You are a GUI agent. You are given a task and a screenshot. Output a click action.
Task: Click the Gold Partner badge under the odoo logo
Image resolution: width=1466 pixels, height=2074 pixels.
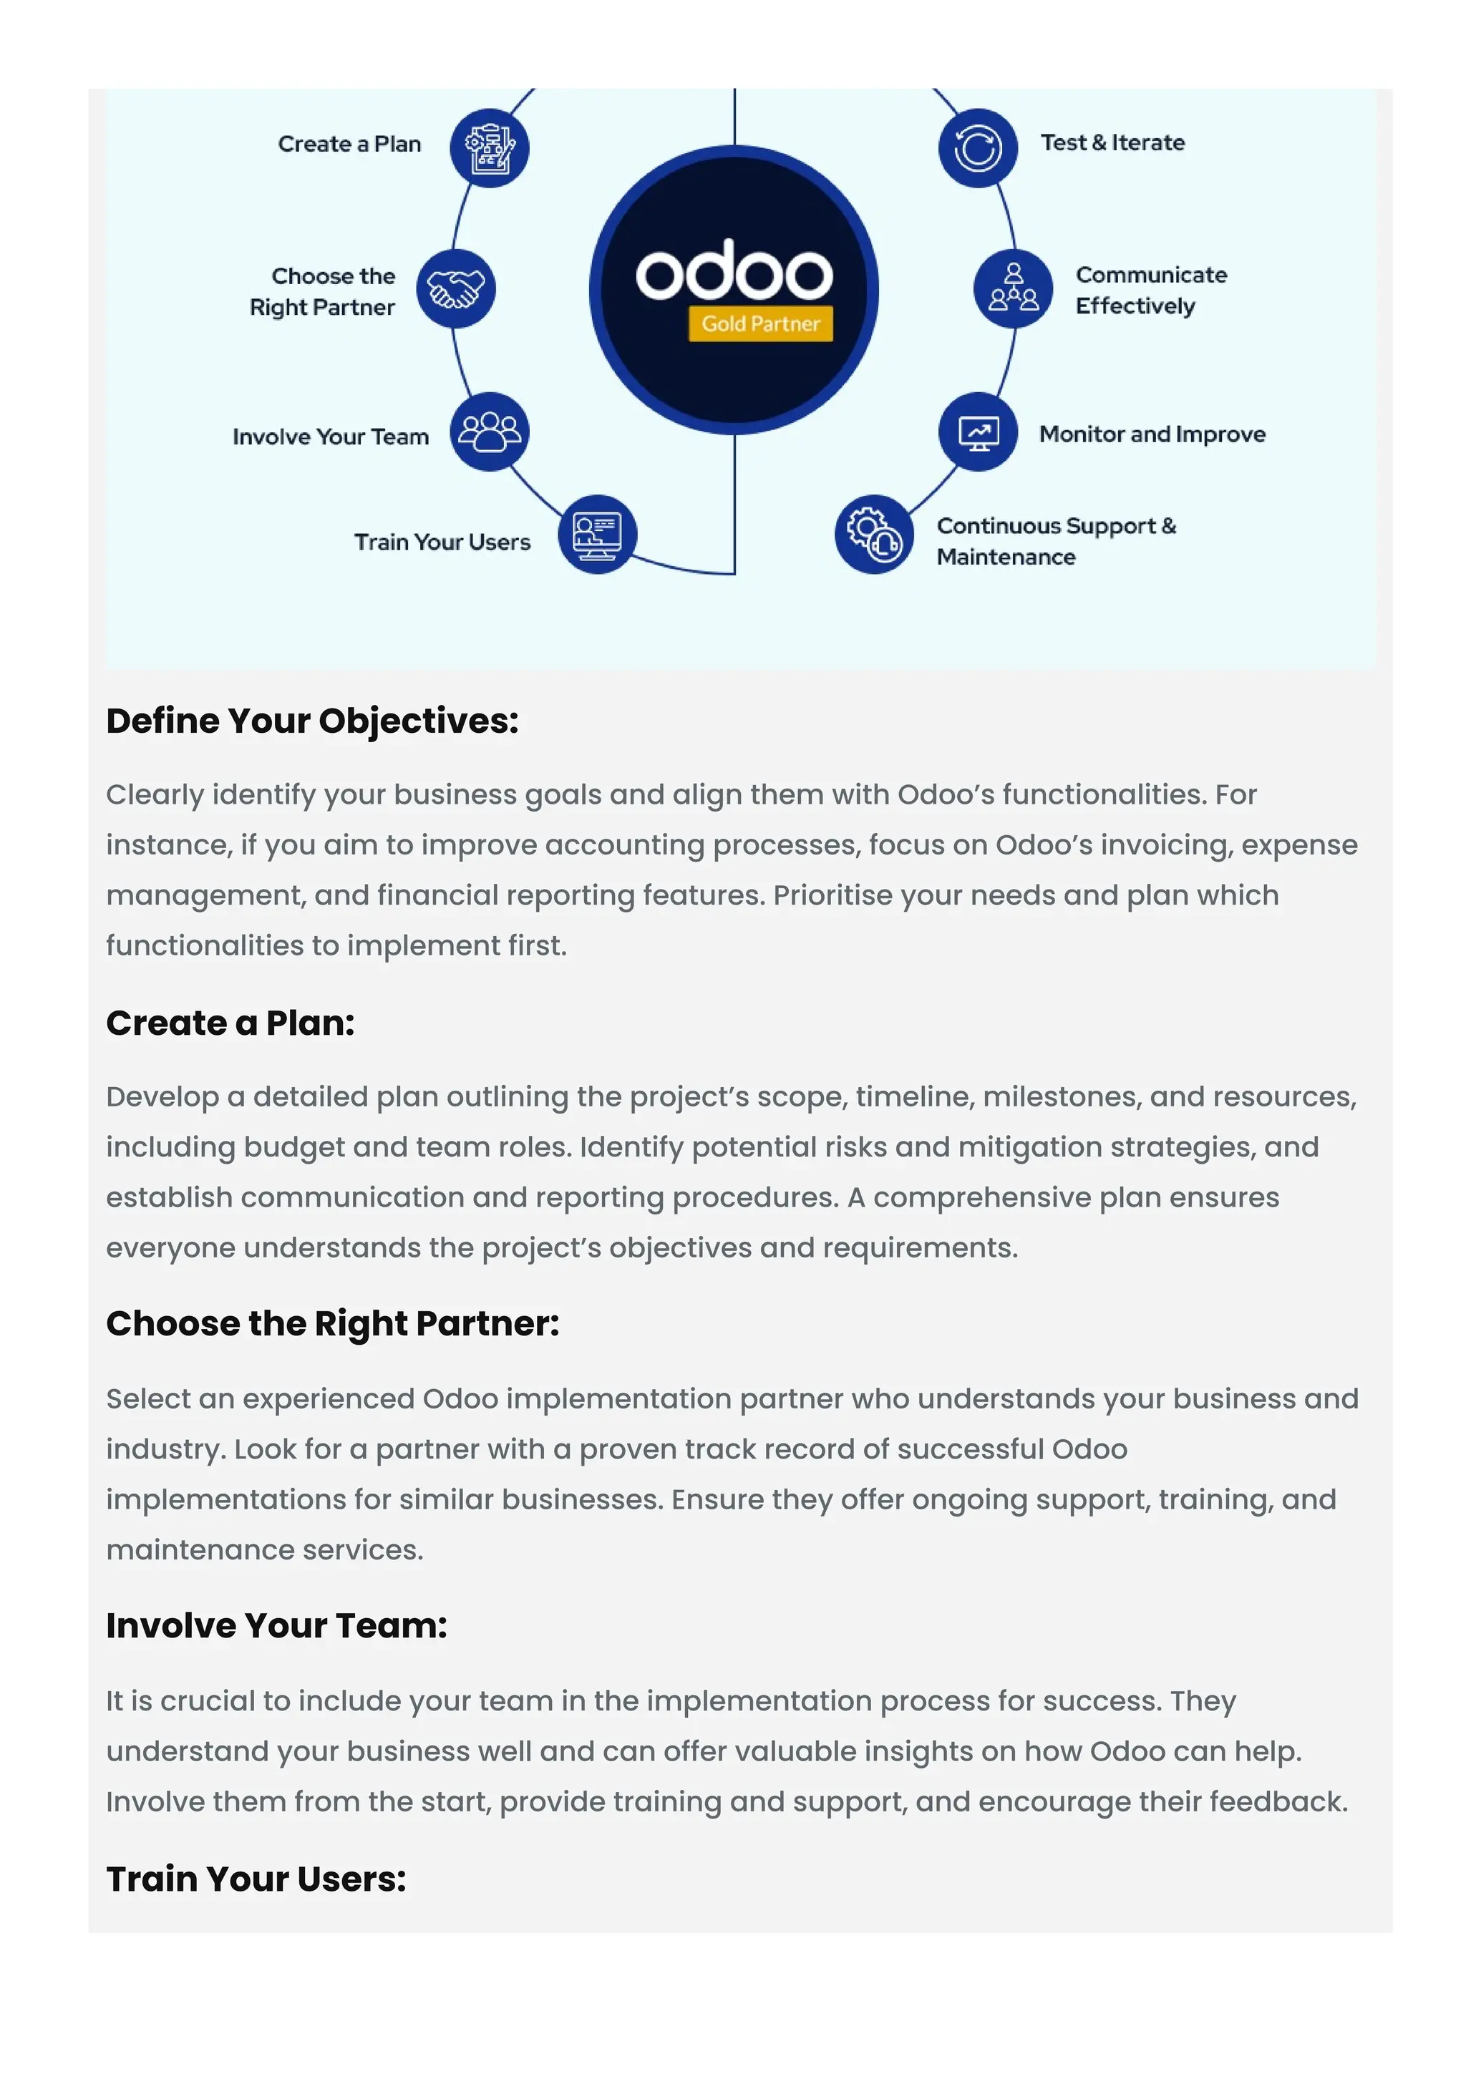click(759, 323)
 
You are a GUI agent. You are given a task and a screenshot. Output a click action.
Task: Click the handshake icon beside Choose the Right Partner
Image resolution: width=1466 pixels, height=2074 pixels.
click(455, 289)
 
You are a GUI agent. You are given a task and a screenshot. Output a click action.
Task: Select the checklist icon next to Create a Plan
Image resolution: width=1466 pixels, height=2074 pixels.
click(490, 147)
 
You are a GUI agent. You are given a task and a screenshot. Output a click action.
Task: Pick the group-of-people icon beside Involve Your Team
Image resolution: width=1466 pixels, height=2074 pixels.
click(490, 432)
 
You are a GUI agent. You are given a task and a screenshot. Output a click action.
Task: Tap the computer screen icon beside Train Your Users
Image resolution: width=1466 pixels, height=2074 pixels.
click(597, 534)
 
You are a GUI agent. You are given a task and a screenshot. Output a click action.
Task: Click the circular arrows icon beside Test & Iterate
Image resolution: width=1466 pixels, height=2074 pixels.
click(977, 147)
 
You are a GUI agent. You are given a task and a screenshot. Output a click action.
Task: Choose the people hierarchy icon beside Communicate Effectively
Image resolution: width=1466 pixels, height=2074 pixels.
click(1013, 289)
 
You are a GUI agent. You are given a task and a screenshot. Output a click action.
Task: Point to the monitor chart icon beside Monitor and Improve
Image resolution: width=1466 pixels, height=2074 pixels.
click(977, 432)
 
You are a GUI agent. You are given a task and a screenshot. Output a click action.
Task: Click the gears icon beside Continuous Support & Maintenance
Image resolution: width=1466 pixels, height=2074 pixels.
click(873, 534)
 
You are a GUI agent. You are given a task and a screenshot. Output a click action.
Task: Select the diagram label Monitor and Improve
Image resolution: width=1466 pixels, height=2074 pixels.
click(1152, 434)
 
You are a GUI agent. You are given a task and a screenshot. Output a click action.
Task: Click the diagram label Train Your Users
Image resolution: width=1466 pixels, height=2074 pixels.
click(442, 542)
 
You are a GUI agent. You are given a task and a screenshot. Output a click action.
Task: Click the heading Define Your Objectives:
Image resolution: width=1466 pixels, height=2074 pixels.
click(313, 721)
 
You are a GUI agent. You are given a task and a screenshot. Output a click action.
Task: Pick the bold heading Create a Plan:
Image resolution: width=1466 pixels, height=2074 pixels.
click(230, 1023)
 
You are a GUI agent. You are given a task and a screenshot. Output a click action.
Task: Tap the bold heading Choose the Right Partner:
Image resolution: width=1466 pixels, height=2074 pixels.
click(332, 1323)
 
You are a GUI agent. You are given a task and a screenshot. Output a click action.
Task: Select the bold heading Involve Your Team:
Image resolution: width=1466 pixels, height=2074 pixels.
click(276, 1625)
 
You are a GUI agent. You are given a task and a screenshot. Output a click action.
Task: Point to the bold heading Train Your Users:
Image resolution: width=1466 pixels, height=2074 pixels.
click(256, 1879)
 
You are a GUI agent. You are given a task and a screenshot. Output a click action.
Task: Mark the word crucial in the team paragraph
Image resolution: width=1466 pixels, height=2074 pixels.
click(207, 1701)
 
